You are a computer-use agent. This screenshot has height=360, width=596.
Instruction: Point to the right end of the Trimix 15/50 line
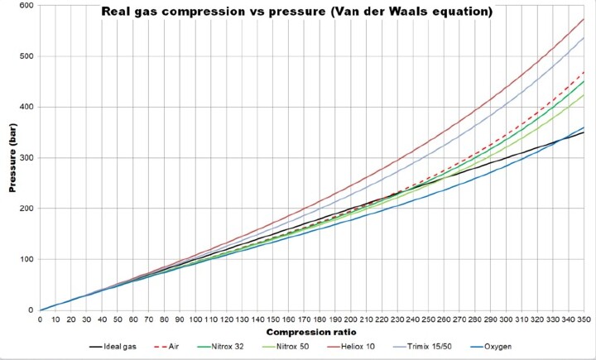point(583,37)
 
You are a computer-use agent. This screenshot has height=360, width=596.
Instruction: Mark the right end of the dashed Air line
point(583,72)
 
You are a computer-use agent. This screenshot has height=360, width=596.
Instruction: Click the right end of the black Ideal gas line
point(583,132)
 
